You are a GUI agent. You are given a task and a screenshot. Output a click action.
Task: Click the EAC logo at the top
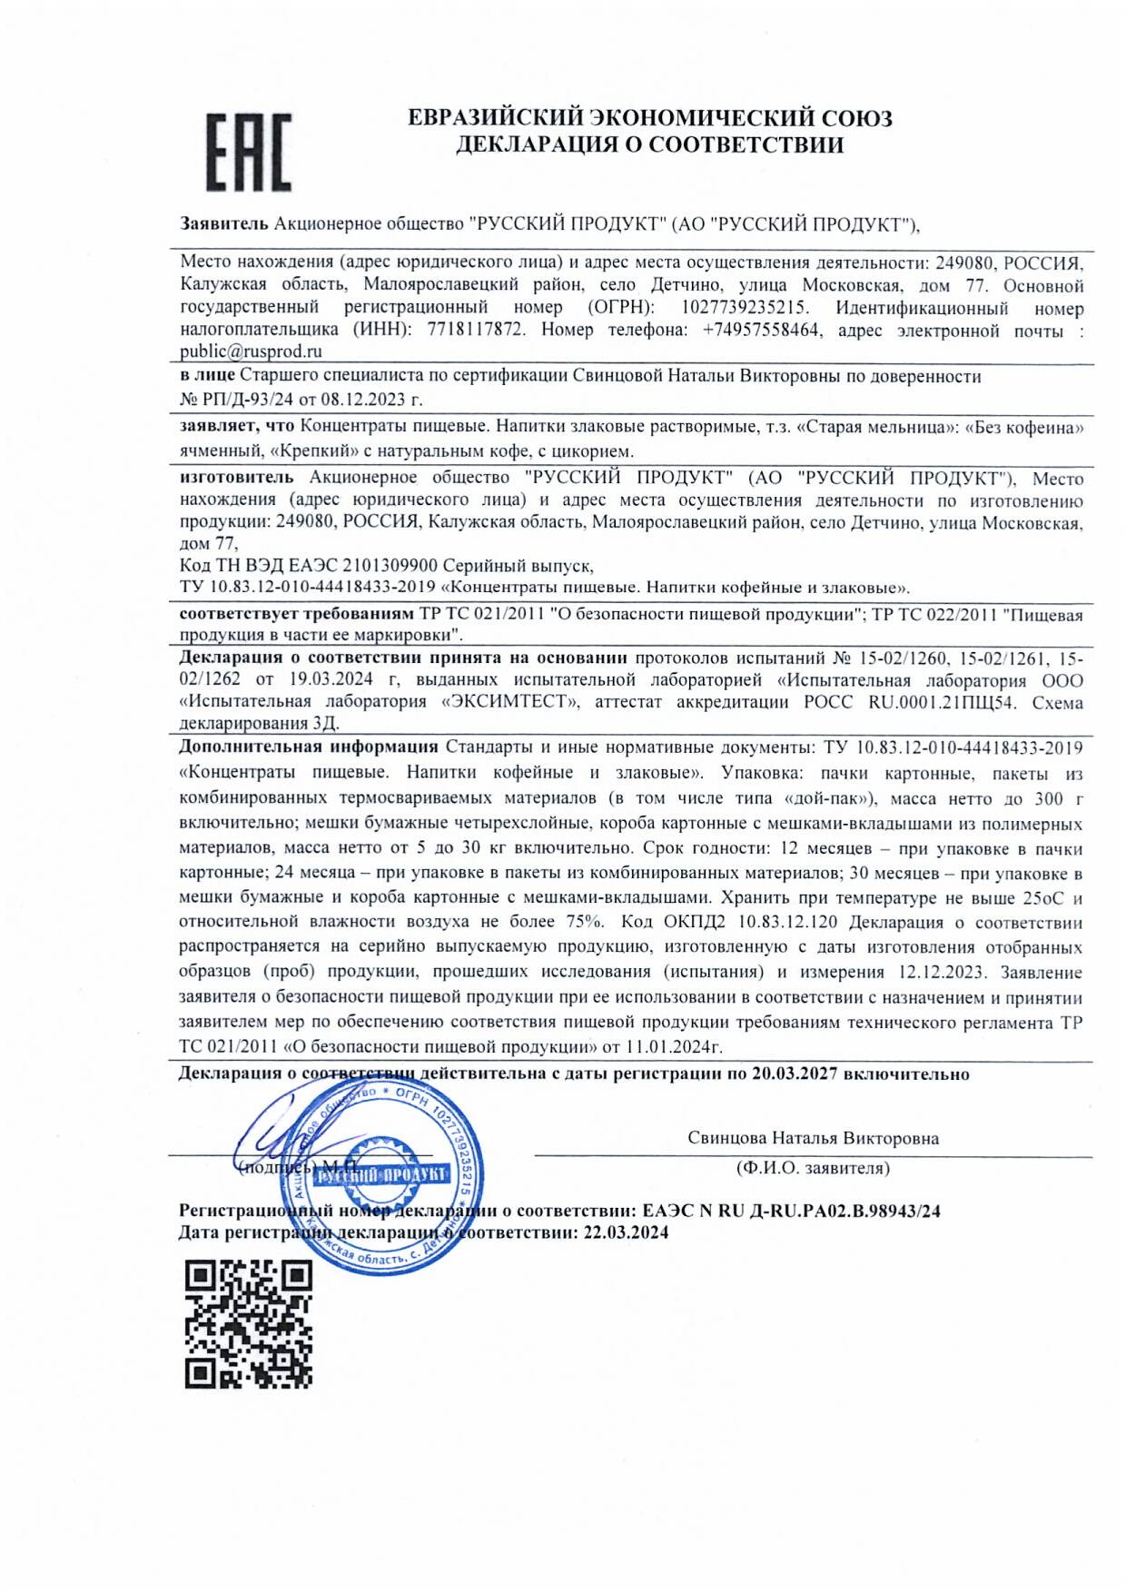tap(248, 152)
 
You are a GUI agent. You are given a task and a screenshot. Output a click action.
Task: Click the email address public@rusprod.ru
tap(251, 351)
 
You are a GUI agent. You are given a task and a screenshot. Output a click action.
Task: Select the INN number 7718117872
tap(476, 330)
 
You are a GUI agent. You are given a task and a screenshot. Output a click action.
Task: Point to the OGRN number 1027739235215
tap(745, 308)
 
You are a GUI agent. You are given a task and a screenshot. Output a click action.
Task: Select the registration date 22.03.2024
tap(626, 1232)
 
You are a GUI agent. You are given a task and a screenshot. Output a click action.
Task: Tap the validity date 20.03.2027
tap(795, 1074)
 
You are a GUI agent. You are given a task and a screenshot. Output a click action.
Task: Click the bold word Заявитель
tap(224, 223)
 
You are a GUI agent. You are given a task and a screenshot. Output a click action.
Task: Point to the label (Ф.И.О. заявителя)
tap(813, 1168)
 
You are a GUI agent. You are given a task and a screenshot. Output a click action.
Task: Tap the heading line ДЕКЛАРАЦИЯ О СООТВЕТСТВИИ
tap(649, 144)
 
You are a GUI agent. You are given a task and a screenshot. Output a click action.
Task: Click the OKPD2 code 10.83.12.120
tap(788, 923)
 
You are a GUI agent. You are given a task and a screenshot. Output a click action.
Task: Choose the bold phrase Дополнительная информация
tap(309, 747)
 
